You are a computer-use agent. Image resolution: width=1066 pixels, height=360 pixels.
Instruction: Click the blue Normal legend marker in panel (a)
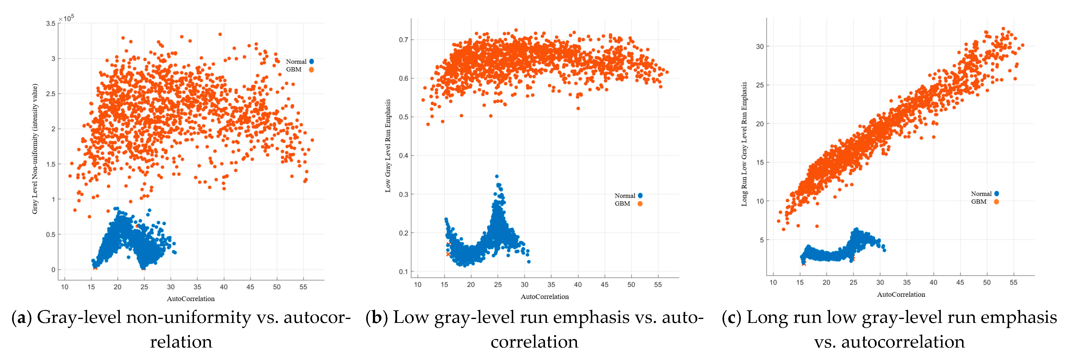[x=312, y=61]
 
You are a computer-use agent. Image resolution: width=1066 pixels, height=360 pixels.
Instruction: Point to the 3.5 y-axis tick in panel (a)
[x=51, y=24]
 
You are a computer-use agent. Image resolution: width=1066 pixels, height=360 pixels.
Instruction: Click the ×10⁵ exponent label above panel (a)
[x=66, y=18]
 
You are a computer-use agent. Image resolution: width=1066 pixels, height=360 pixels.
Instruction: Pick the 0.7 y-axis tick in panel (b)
[x=403, y=40]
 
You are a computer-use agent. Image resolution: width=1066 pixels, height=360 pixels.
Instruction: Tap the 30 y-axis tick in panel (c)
[x=760, y=46]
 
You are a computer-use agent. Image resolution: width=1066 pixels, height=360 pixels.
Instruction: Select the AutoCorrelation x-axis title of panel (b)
[x=544, y=297]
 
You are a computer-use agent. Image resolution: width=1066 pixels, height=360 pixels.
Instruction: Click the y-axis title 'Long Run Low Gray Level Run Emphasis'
[x=744, y=144]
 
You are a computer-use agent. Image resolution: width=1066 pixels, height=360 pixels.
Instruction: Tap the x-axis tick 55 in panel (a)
[x=303, y=287]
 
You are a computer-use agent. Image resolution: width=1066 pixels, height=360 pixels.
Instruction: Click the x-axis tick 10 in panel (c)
[x=773, y=283]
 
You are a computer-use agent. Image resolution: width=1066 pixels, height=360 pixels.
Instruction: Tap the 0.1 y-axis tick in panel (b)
[x=403, y=272]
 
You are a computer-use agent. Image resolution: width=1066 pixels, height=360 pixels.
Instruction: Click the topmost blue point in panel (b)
[x=497, y=176]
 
